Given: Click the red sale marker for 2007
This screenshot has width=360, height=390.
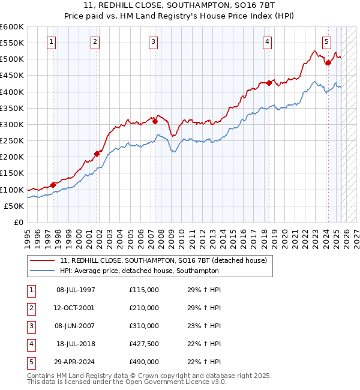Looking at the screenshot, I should tap(155, 121).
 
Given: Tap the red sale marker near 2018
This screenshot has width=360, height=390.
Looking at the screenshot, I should tap(269, 83).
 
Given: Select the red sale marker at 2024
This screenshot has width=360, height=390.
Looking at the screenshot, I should tap(328, 62).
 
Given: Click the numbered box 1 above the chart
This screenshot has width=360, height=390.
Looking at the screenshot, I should tap(52, 42).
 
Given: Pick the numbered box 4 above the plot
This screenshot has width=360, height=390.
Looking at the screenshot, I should tap(267, 42).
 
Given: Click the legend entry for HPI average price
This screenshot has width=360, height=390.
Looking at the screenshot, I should tap(139, 271).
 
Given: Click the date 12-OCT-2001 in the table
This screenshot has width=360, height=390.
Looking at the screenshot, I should tap(75, 308).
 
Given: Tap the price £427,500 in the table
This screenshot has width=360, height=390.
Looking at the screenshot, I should tap(144, 344).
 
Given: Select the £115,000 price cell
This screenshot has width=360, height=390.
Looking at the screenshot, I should tap(144, 290).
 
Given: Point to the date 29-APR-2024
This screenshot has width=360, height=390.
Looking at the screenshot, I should tap(75, 362).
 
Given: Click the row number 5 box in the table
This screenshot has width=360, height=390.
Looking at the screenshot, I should tap(29, 362).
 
